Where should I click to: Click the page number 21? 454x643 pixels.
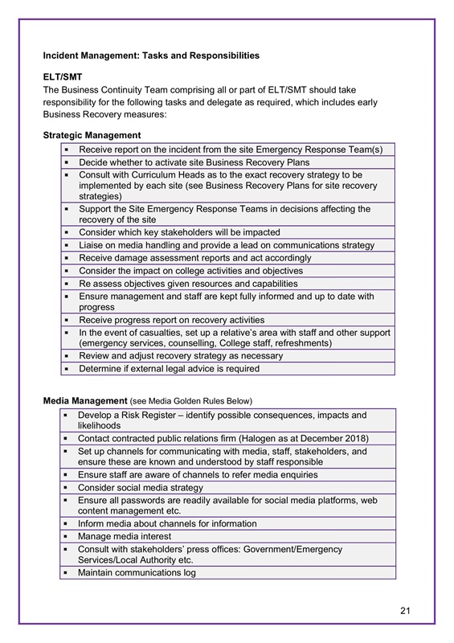tap(405, 612)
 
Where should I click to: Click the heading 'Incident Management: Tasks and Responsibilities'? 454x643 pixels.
tap(151, 55)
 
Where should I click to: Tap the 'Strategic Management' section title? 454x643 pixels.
tap(92, 135)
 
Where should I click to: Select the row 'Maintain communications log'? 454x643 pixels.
tap(137, 573)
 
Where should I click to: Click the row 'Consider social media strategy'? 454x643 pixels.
tap(141, 487)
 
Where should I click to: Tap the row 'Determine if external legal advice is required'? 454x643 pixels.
tap(169, 369)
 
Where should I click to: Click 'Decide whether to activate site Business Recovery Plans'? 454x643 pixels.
tap(193, 162)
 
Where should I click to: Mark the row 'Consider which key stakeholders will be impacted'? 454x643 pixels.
tap(178, 232)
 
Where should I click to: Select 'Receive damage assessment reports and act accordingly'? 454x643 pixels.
tap(194, 258)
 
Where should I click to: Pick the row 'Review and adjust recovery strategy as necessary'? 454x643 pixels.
tap(180, 356)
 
